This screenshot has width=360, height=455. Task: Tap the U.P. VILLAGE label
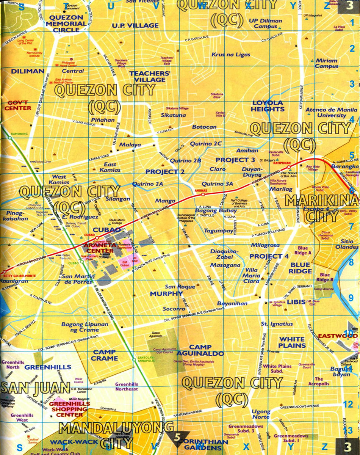[135, 25]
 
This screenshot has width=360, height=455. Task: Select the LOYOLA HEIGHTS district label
[268, 106]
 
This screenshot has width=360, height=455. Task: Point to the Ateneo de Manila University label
[326, 113]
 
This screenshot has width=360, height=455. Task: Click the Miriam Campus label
[326, 63]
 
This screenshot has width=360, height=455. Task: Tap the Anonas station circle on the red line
[203, 194]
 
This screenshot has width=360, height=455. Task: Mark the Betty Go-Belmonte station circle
[5, 272]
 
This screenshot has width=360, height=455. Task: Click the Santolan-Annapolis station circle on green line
[134, 359]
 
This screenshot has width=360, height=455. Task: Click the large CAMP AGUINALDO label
[206, 350]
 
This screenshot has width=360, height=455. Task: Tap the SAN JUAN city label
[35, 388]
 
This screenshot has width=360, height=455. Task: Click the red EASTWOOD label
[332, 336]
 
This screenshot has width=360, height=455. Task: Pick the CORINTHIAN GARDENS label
[203, 444]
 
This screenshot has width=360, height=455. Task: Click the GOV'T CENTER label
[17, 105]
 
